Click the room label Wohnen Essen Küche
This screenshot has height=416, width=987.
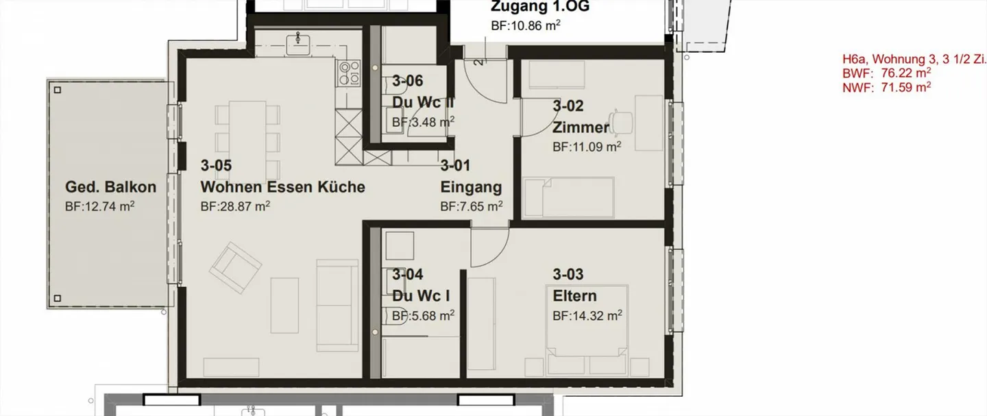pyautogui.click(x=282, y=187)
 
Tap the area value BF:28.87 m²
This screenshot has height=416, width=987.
pyautogui.click(x=235, y=206)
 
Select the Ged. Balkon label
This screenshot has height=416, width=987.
pyautogui.click(x=110, y=187)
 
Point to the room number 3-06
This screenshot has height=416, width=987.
pyautogui.click(x=407, y=81)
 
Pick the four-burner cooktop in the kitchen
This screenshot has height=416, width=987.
pyautogui.click(x=349, y=72)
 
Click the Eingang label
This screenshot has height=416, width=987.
pyautogui.click(x=471, y=187)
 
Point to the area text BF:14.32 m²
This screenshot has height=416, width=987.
pyautogui.click(x=587, y=316)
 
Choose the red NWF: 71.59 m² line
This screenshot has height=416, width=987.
pyautogui.click(x=886, y=87)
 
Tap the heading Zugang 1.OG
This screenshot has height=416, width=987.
pyautogui.click(x=540, y=8)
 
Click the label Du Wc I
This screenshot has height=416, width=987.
pyautogui.click(x=421, y=296)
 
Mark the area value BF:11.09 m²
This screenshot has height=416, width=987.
pyautogui.click(x=587, y=147)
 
